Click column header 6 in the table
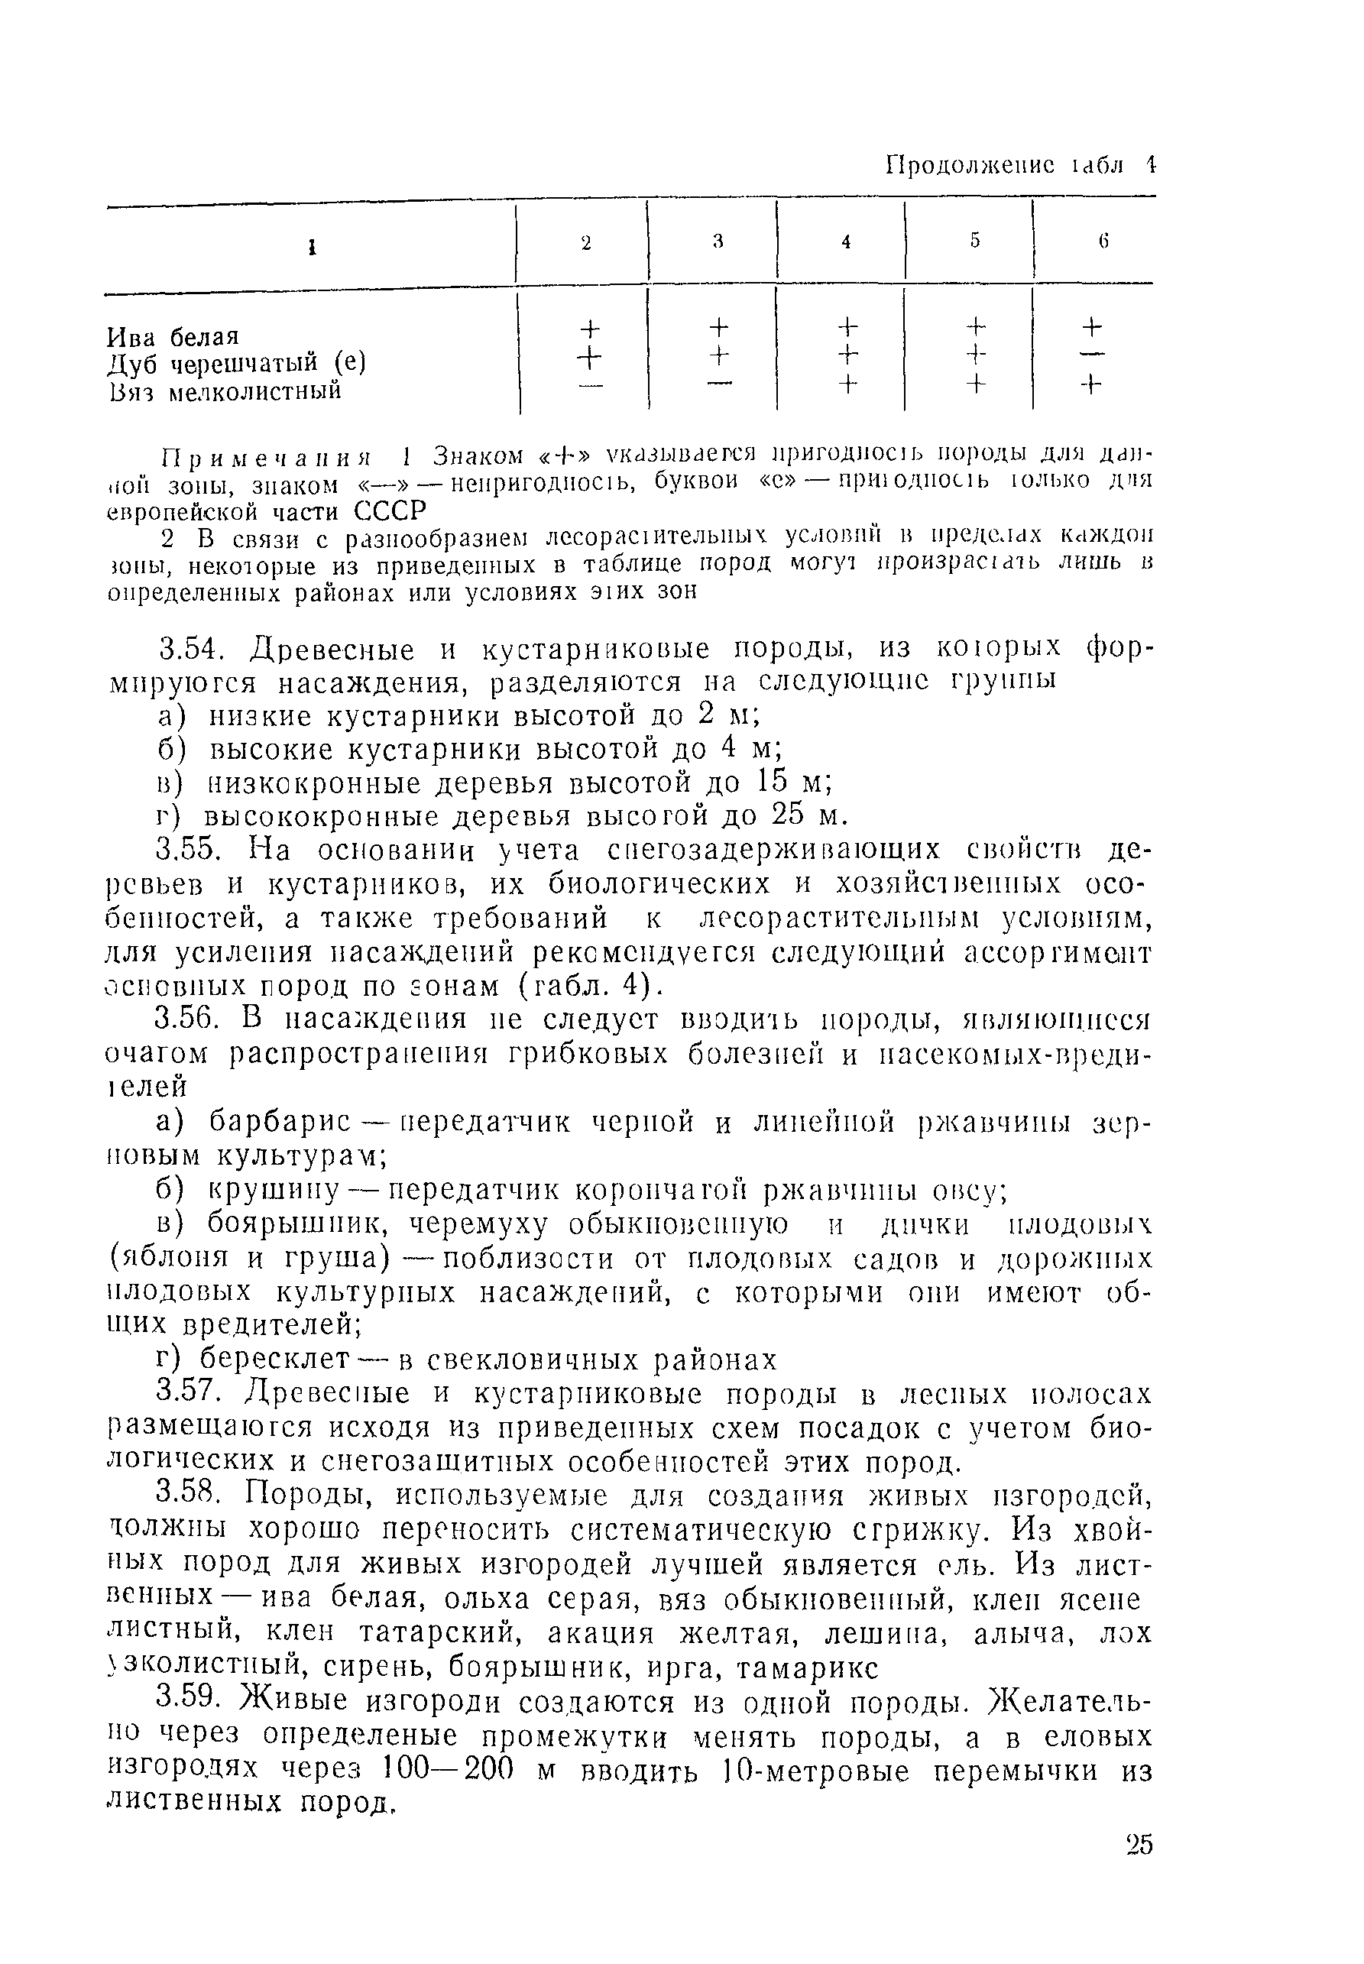click(x=1103, y=241)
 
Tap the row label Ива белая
click(x=173, y=336)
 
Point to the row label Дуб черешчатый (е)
click(x=236, y=363)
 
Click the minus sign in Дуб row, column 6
click(x=1096, y=354)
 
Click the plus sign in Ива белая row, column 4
click(x=846, y=326)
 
